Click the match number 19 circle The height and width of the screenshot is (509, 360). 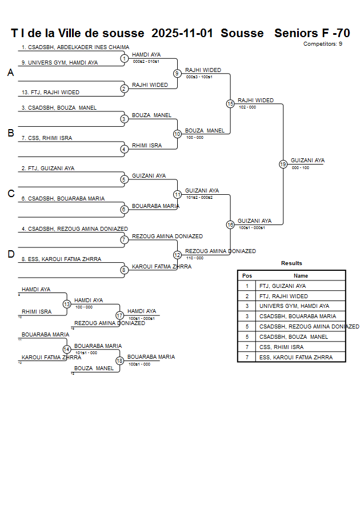click(283, 164)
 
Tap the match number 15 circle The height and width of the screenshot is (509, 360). click(230, 104)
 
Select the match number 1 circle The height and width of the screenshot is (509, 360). click(124, 58)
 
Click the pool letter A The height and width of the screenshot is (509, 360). click(10, 73)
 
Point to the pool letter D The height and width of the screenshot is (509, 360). click(10, 255)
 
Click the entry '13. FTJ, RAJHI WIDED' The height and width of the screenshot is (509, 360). click(50, 93)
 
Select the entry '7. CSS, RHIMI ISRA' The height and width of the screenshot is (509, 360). click(47, 138)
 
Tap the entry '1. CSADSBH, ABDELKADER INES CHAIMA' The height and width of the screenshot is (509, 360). click(75, 47)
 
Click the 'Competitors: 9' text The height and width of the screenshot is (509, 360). click(323, 44)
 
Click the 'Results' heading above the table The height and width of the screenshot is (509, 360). click(291, 263)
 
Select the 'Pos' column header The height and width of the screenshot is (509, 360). click(247, 275)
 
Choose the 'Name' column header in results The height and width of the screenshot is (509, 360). click(301, 275)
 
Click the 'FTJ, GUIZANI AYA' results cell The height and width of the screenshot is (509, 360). click(282, 286)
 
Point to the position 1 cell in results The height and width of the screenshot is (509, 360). click(247, 286)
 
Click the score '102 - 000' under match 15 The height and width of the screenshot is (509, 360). click(247, 107)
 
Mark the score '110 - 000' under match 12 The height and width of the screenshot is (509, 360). click(195, 258)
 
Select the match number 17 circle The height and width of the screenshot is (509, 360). click(120, 315)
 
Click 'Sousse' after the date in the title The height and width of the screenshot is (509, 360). click(242, 33)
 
